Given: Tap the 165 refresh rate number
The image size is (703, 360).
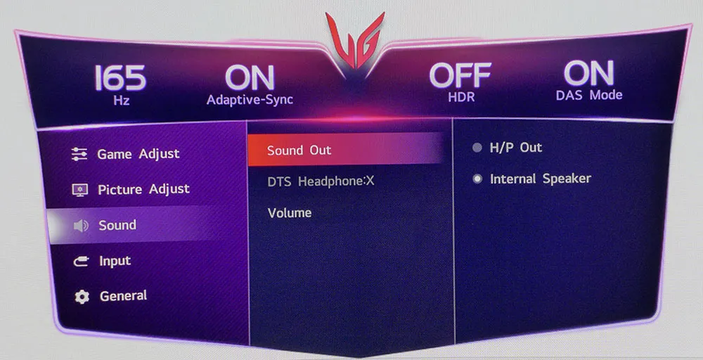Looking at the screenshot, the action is click(120, 78).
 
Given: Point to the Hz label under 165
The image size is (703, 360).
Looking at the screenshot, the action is click(121, 101).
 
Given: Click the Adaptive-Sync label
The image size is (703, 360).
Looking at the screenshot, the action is click(250, 100).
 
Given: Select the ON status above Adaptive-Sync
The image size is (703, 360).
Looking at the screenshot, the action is click(250, 77).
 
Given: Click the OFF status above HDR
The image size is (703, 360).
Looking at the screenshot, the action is click(460, 75).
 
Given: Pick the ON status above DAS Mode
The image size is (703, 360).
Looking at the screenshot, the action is click(588, 73).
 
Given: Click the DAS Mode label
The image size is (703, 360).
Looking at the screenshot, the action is click(589, 95).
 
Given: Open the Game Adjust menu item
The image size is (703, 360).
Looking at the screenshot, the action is click(138, 154).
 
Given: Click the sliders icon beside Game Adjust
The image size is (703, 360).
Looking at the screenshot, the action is click(79, 154).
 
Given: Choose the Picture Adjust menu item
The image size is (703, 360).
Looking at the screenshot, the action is click(143, 189).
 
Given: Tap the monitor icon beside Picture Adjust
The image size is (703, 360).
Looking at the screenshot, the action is click(80, 190).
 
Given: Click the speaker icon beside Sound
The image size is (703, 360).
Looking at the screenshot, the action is click(81, 226).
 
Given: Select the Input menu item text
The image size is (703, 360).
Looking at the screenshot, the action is click(115, 261).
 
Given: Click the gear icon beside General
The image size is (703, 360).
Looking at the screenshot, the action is click(82, 297).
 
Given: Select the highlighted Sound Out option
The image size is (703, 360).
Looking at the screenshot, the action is click(299, 150).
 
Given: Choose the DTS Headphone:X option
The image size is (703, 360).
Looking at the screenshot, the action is click(321, 181).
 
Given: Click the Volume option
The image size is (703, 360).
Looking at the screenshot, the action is click(289, 212).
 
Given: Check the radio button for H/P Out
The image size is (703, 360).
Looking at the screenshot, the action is click(477, 148).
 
